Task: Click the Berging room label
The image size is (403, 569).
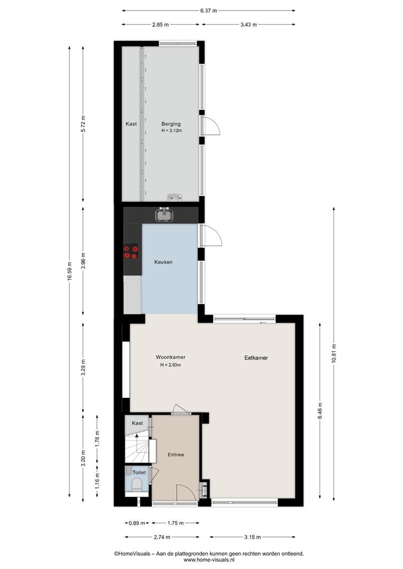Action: click(171, 124)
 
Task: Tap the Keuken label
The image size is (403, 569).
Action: click(163, 262)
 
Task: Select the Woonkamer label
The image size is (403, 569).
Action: click(170, 357)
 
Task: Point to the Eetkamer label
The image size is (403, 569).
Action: click(256, 358)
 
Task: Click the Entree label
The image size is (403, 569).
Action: click(176, 455)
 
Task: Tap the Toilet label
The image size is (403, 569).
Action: click(139, 473)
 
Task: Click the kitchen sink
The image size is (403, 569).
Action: click(165, 215)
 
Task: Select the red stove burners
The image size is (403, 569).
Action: click(131, 252)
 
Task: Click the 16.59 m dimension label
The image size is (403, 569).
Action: click(70, 271)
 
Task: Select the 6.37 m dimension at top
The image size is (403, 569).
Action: click(208, 11)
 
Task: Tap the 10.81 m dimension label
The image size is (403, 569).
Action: click(333, 353)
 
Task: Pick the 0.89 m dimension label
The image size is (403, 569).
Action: click(137, 523)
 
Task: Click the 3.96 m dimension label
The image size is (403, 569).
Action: click(83, 261)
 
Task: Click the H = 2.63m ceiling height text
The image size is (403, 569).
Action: click(170, 365)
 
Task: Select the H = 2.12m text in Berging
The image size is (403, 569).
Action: click(171, 131)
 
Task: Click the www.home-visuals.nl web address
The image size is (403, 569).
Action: click(208, 560)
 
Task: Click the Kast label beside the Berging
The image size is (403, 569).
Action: click(131, 124)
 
